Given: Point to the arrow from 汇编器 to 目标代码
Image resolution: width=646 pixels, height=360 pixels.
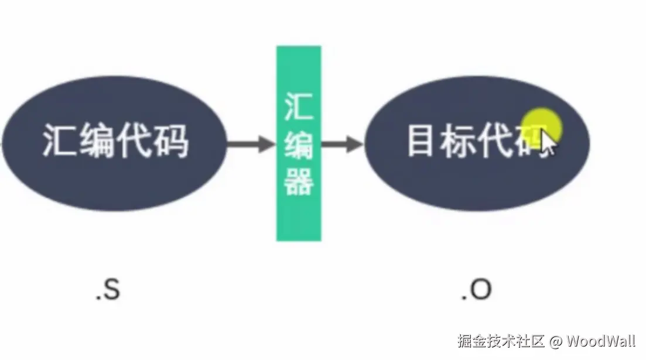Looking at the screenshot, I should tap(343, 143).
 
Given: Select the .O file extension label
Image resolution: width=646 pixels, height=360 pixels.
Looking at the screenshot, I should tap(476, 290).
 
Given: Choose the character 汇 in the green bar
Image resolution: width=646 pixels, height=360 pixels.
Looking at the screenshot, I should tap(299, 107).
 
